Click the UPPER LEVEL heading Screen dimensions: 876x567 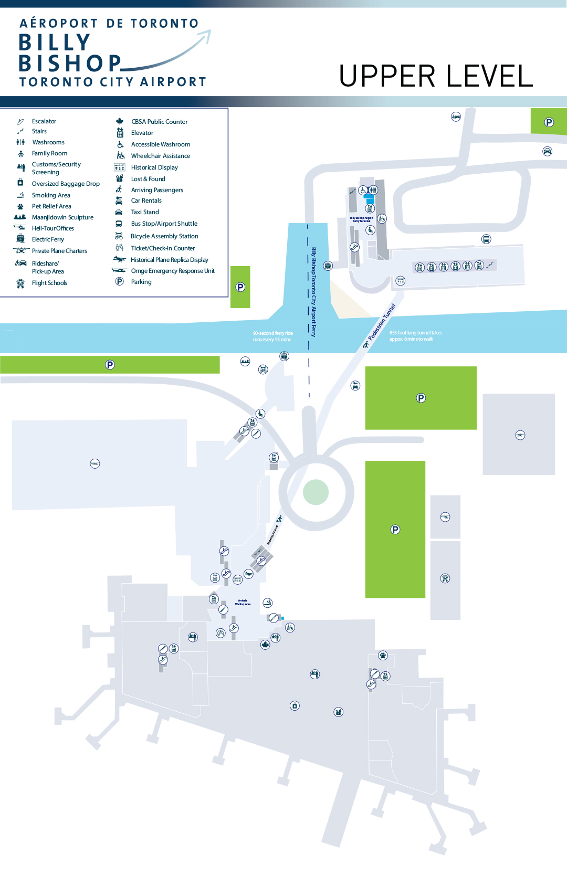pos(436,76)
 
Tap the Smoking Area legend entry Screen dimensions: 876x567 pos(51,195)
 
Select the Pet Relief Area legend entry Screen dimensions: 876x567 pos(51,206)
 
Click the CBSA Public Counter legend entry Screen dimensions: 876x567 pos(159,122)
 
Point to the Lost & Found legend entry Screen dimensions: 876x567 pos(148,179)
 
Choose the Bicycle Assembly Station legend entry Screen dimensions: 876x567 pos(164,236)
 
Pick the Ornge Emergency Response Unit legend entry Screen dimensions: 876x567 pos(173,271)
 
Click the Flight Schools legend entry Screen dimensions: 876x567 pos(49,283)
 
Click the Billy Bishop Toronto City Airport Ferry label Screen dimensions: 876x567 pos(313,291)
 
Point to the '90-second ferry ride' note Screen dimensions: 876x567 pos(272,336)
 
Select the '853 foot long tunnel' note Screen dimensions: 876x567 pos(415,336)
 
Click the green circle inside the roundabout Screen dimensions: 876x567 pos(316,492)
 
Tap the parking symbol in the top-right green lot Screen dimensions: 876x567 pos(549,122)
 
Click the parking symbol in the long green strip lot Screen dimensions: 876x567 pos(110,365)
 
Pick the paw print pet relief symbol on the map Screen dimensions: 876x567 pos(383,655)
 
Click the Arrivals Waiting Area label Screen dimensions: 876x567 pos(243,603)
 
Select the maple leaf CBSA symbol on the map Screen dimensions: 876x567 pos(265,645)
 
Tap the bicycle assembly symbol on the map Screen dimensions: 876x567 pos(263,370)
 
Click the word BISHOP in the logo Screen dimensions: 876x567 pos(70,64)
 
